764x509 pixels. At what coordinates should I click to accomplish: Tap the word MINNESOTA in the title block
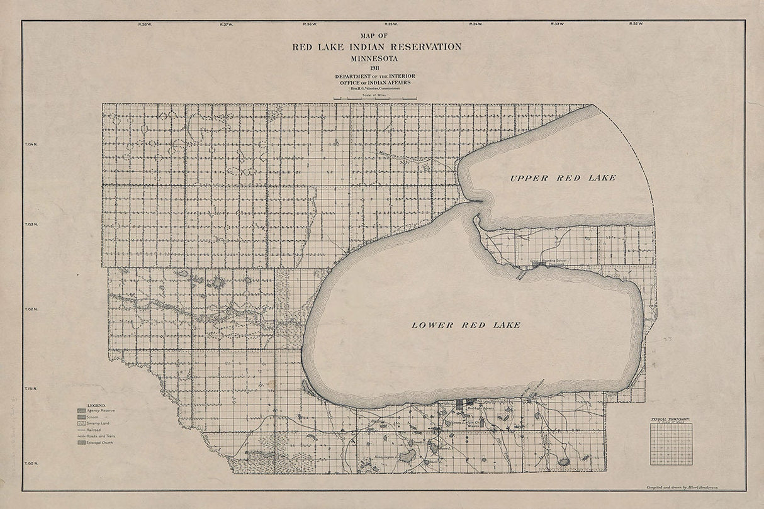point(376,58)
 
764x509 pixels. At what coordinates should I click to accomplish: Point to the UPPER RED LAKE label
point(563,178)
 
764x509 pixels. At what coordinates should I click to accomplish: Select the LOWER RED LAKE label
point(466,325)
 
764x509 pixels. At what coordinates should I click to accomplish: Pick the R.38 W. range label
point(144,25)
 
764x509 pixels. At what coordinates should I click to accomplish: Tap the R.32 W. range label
point(636,25)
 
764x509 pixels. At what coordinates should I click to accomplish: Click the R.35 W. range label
point(391,25)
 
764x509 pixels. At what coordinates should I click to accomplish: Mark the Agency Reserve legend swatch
point(81,411)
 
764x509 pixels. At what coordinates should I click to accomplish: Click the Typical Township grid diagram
point(671,444)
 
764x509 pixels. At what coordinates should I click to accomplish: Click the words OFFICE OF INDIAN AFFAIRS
point(376,82)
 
